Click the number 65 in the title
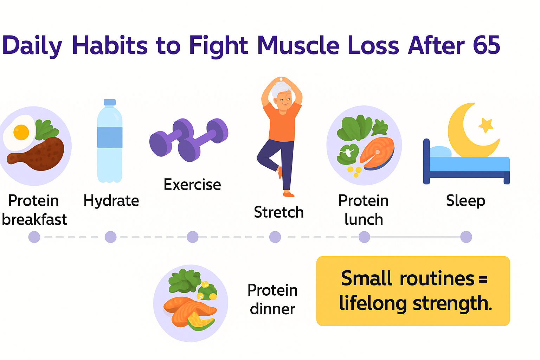(487, 45)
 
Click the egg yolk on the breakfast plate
(21, 133)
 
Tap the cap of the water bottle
(110, 102)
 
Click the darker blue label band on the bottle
(110, 137)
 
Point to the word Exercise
(192, 185)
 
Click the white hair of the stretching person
(279, 89)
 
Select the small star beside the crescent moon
(486, 126)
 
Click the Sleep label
(465, 201)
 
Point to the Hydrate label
(111, 201)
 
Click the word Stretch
(279, 212)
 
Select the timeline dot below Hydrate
(111, 237)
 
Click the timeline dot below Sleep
(466, 237)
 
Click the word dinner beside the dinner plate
(272, 309)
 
